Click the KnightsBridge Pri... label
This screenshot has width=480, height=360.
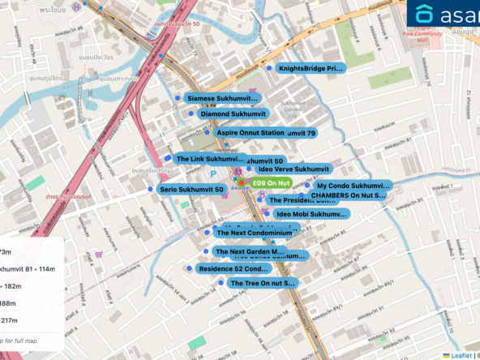tap(311, 69)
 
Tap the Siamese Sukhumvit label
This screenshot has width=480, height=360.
tap(223, 98)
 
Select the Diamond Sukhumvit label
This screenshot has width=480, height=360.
tap(233, 114)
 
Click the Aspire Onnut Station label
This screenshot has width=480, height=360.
tap(250, 132)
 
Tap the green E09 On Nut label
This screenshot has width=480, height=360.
tap(272, 184)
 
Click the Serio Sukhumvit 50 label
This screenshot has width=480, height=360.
tap(191, 189)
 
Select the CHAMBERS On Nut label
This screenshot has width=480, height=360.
tap(349, 195)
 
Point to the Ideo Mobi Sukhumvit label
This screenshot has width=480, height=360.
tap(311, 214)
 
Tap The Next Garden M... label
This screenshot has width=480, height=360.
tap(250, 252)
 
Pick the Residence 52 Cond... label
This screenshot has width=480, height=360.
tap(234, 268)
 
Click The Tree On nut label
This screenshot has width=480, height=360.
tap(263, 283)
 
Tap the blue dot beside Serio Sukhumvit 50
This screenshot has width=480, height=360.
tap(152, 189)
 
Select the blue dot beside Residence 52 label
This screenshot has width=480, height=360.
tap(190, 268)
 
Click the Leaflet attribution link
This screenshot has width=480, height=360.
tap(461, 354)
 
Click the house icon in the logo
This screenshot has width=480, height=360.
tap(424, 15)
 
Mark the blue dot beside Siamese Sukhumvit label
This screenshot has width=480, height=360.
tap(177, 97)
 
